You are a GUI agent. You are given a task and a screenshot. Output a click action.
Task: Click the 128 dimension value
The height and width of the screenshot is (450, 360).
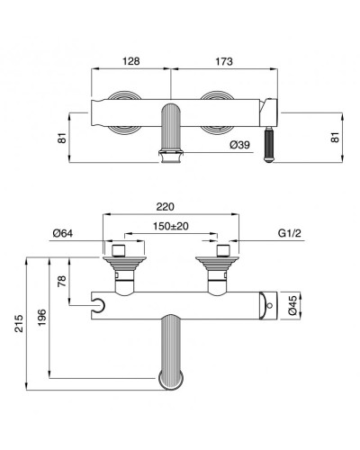click(x=131, y=61)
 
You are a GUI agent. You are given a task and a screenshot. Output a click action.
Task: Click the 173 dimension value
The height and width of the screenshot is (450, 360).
click(x=224, y=61)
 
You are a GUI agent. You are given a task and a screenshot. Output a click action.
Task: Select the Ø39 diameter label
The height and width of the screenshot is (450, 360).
click(x=239, y=145)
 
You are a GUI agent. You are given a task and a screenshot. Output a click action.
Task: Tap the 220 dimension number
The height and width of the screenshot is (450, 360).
click(x=166, y=207)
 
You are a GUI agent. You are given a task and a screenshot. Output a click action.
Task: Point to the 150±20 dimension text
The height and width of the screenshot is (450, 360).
click(x=171, y=226)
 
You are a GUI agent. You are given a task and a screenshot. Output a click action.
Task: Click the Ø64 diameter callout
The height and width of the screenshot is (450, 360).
click(x=63, y=233)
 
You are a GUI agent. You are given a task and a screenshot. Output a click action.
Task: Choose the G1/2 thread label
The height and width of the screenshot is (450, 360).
click(x=289, y=233)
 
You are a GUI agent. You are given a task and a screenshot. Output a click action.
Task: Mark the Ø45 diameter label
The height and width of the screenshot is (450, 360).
click(x=292, y=305)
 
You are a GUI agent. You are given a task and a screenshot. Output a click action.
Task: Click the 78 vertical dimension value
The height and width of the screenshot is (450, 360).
click(x=62, y=281)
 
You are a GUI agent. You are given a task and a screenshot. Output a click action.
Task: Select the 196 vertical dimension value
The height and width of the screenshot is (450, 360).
click(x=41, y=318)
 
